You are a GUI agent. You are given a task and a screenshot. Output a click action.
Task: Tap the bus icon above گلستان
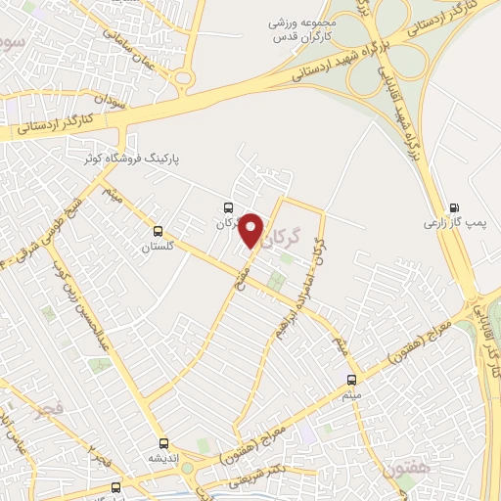159,232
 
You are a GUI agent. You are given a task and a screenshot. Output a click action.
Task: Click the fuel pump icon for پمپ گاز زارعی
453,207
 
